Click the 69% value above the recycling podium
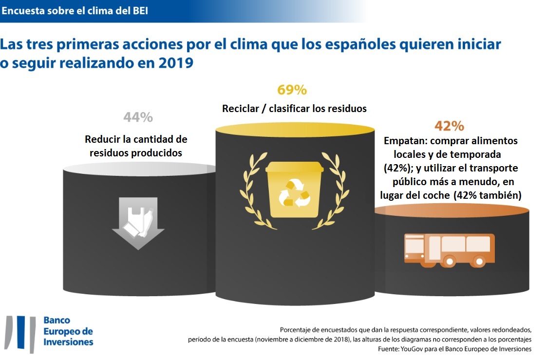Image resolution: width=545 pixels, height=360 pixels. (292, 90)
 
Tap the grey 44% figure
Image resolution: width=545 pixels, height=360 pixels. (138, 117)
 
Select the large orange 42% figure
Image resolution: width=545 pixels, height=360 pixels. (449, 126)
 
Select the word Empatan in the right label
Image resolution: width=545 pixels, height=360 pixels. (404, 141)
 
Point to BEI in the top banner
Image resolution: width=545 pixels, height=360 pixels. (139, 11)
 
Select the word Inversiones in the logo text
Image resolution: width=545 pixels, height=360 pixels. (68, 342)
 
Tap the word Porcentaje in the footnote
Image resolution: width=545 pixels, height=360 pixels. (299, 329)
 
